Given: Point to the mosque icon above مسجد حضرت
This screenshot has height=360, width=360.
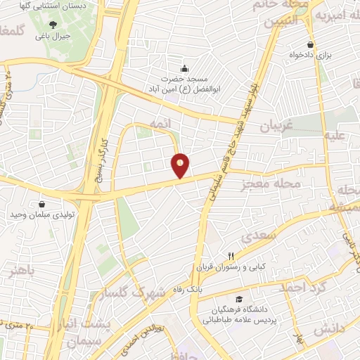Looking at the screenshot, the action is pos(184,68).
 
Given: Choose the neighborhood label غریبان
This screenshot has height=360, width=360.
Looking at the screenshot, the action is pos(276,125).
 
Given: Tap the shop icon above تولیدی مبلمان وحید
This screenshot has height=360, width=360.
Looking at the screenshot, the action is pos(42,202).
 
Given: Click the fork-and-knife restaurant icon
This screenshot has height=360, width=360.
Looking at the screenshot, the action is pos(230,256).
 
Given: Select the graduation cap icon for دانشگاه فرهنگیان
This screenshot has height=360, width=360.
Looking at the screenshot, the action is pos(240,299).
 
